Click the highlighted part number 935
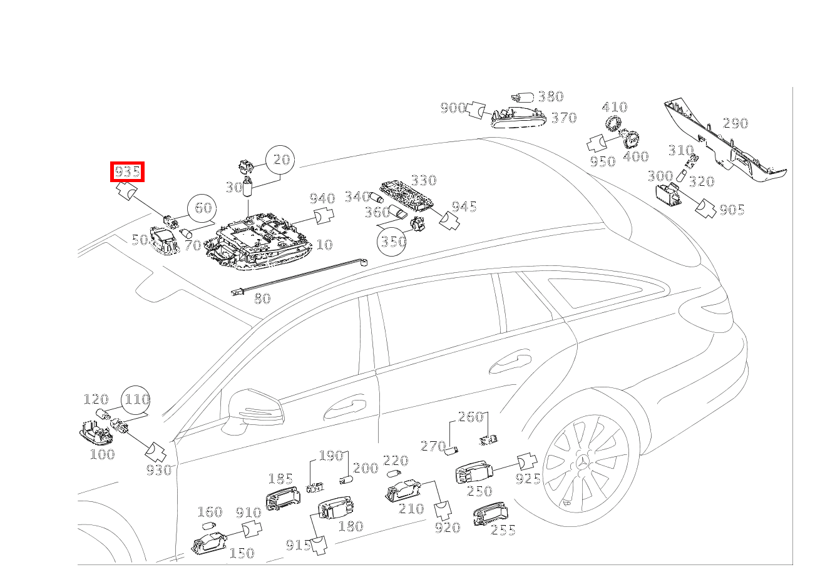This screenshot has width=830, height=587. coord(127,171)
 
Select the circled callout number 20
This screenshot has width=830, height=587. coord(282,160)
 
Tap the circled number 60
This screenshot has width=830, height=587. coord(203,208)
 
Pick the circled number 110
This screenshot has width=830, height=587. coord(136,399)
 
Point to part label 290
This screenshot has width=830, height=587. coord(735,123)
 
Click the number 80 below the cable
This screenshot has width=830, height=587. coord(262,299)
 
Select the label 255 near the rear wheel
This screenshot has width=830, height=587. coord(503,531)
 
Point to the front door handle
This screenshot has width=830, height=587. coord(344,407)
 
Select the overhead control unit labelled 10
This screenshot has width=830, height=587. coord(260,244)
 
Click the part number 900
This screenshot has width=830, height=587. coord(453,108)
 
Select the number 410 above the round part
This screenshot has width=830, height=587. coord(615,107)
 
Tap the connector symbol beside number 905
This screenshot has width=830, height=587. coord(705,208)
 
